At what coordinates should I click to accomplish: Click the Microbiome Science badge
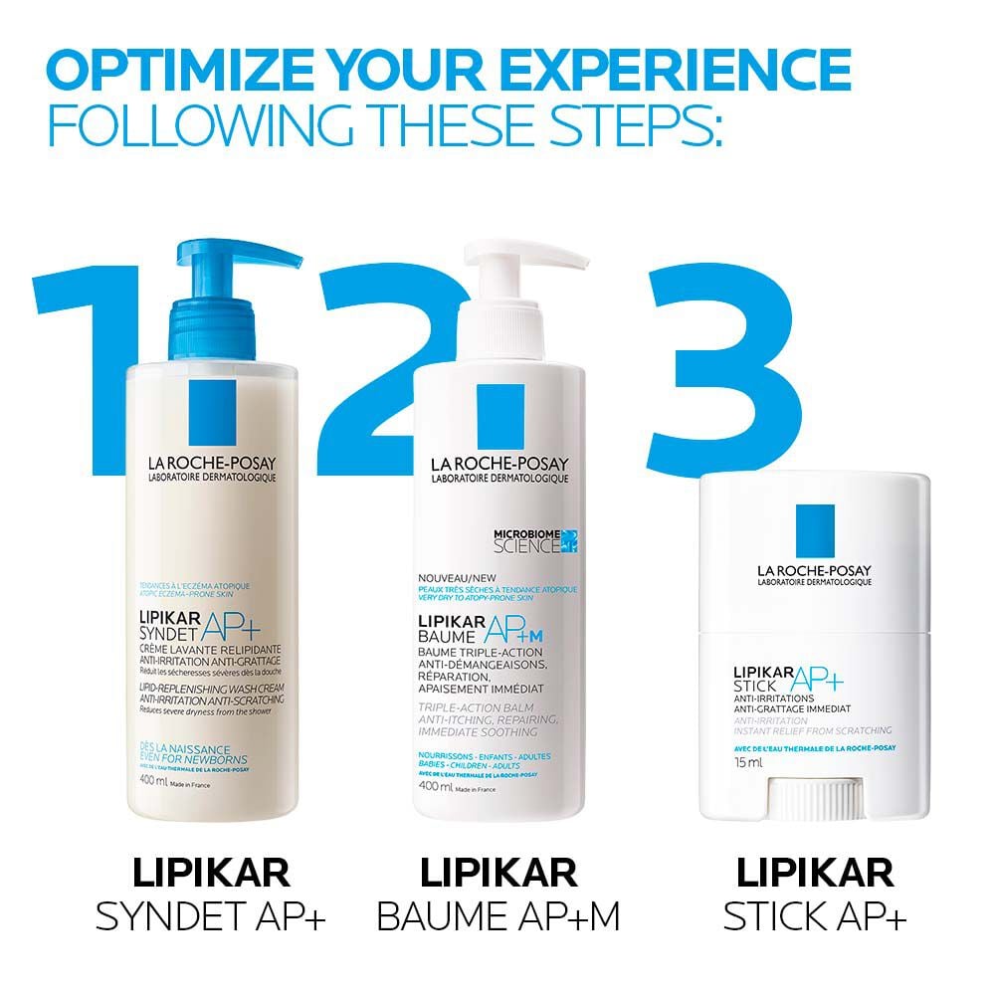click(535, 541)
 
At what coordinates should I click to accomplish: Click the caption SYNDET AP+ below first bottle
click(211, 916)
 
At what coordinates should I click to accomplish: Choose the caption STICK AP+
click(815, 916)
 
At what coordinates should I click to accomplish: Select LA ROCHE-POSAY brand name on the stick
click(813, 570)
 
